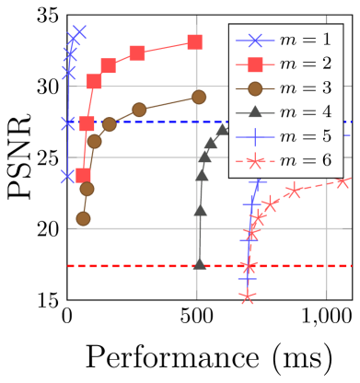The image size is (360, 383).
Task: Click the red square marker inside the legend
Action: click(255, 64)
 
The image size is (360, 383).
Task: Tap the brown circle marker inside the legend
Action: click(255, 88)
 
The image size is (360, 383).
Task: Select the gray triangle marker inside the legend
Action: click(255, 112)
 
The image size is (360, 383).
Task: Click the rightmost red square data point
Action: click(194, 42)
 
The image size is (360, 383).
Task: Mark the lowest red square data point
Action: click(83, 175)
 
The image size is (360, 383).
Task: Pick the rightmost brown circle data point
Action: click(199, 97)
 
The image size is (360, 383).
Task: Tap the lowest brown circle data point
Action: click(83, 218)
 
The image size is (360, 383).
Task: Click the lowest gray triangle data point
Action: click(199, 264)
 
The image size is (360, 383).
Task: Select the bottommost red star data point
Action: click(246, 296)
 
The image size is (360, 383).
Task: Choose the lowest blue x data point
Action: click(68, 175)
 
